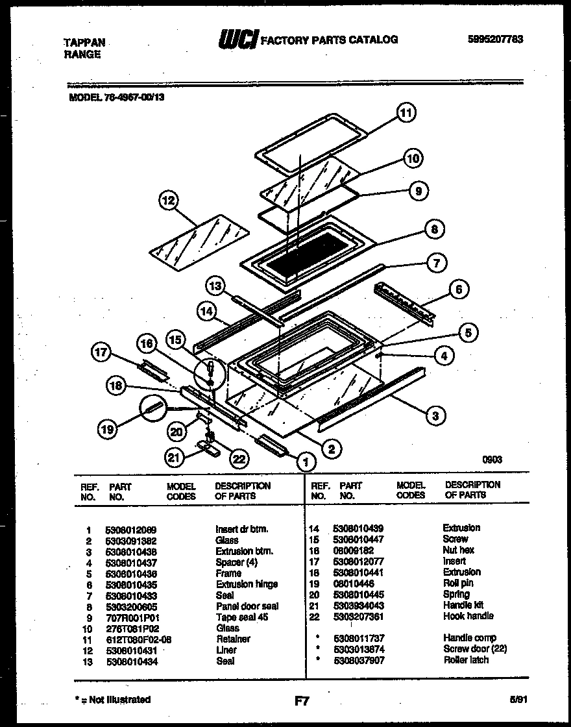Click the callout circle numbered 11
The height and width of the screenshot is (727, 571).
tap(406, 114)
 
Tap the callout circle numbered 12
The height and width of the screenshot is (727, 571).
tap(169, 201)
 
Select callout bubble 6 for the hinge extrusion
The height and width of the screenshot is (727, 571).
tap(458, 290)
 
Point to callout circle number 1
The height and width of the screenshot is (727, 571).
tap(302, 461)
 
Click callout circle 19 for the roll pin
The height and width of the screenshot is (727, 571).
tap(108, 428)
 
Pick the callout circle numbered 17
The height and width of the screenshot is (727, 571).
tap(101, 352)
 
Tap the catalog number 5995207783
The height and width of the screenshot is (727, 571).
tap(494, 39)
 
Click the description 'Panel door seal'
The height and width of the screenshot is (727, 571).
tap(247, 606)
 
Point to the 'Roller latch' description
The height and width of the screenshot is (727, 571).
tap(466, 659)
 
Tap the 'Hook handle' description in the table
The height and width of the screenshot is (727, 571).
tap(468, 615)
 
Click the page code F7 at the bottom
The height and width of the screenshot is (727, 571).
tap(302, 700)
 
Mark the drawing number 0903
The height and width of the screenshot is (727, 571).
tap(492, 460)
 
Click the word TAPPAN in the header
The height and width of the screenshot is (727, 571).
tap(84, 42)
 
